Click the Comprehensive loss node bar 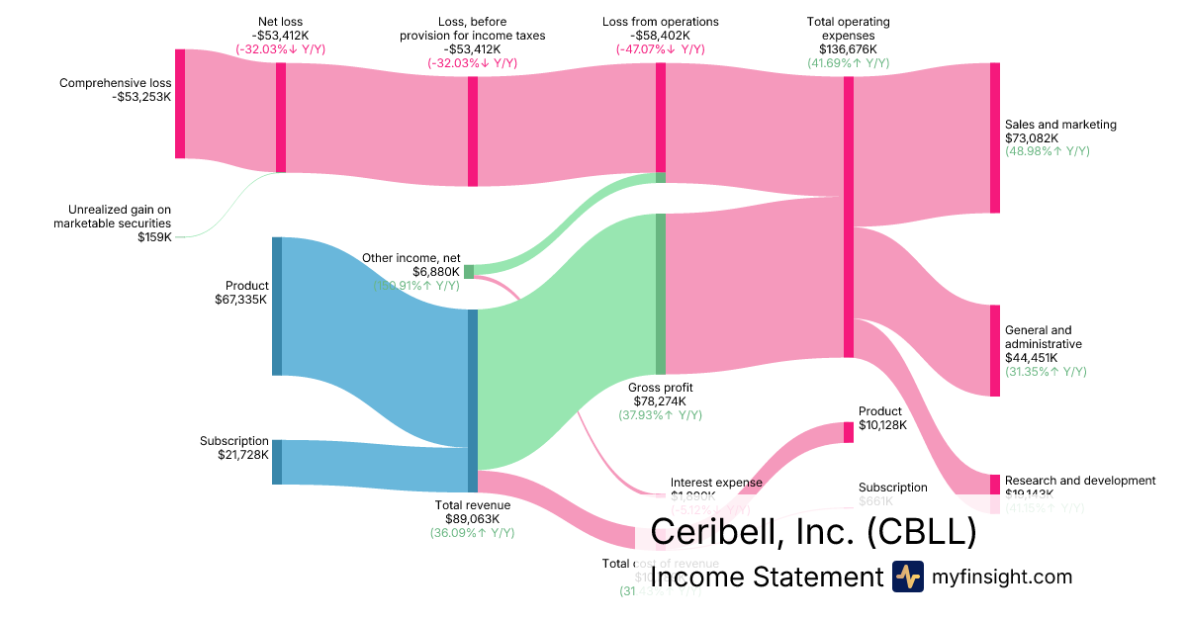[180, 103]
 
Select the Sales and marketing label [1060, 125]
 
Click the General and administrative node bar [994, 351]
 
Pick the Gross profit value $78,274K [660, 400]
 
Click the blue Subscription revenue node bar [277, 462]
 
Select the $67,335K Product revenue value [241, 300]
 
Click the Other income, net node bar [469, 272]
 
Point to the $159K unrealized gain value [154, 237]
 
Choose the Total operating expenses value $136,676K [848, 48]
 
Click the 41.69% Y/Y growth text [848, 62]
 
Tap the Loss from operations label [660, 21]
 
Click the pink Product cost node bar [848, 432]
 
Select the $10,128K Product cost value [880, 425]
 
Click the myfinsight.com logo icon [907, 577]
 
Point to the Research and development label [1080, 481]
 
